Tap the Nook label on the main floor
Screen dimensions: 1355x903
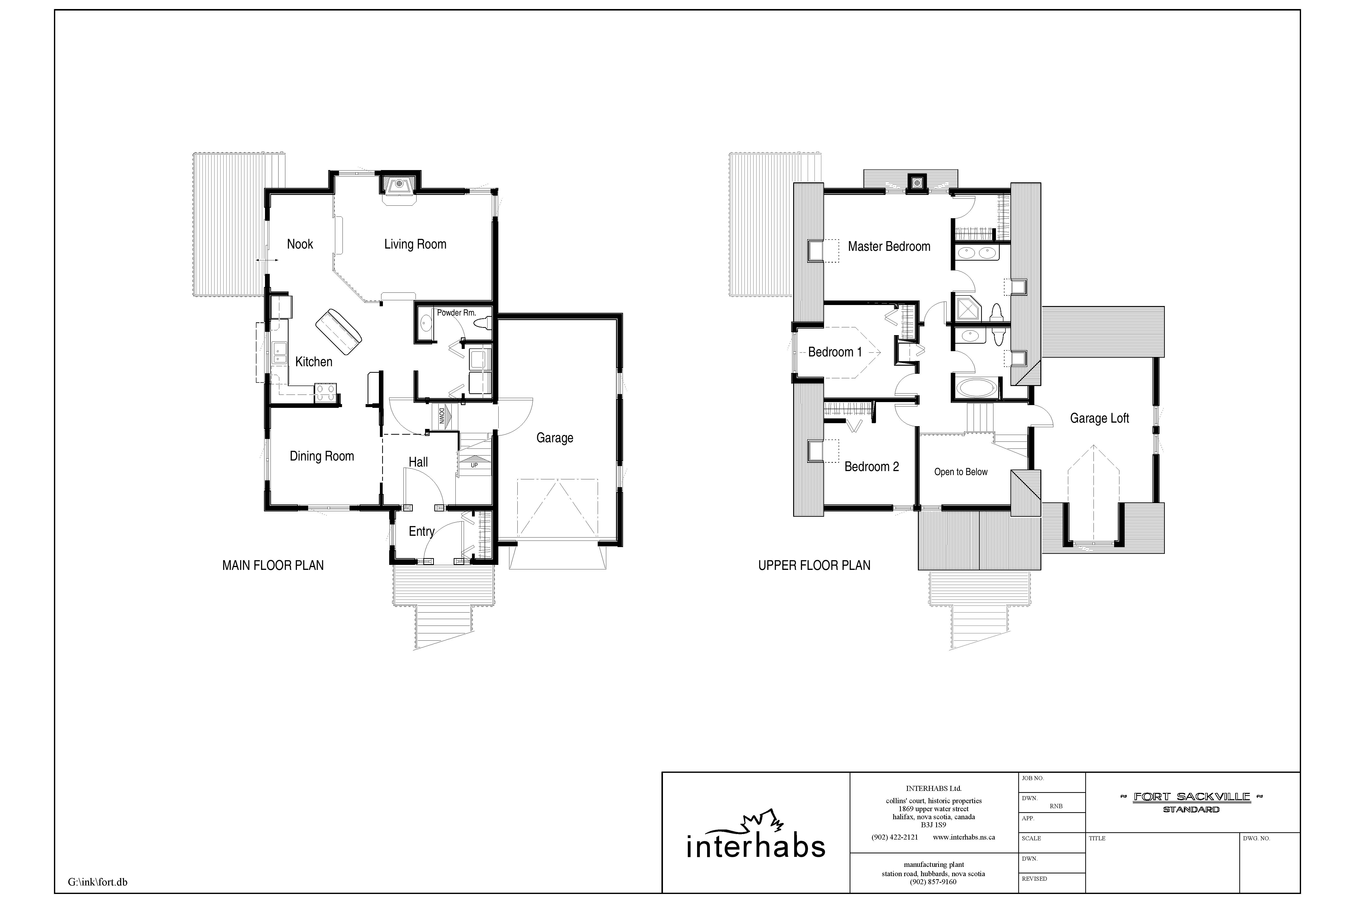300,244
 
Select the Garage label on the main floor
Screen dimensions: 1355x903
555,438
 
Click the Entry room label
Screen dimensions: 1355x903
421,531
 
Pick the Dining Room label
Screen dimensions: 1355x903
321,456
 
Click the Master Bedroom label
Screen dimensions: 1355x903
889,247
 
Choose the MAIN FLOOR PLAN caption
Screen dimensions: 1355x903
273,566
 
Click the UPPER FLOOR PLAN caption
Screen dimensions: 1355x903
814,566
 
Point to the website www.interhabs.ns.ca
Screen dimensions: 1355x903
964,837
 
